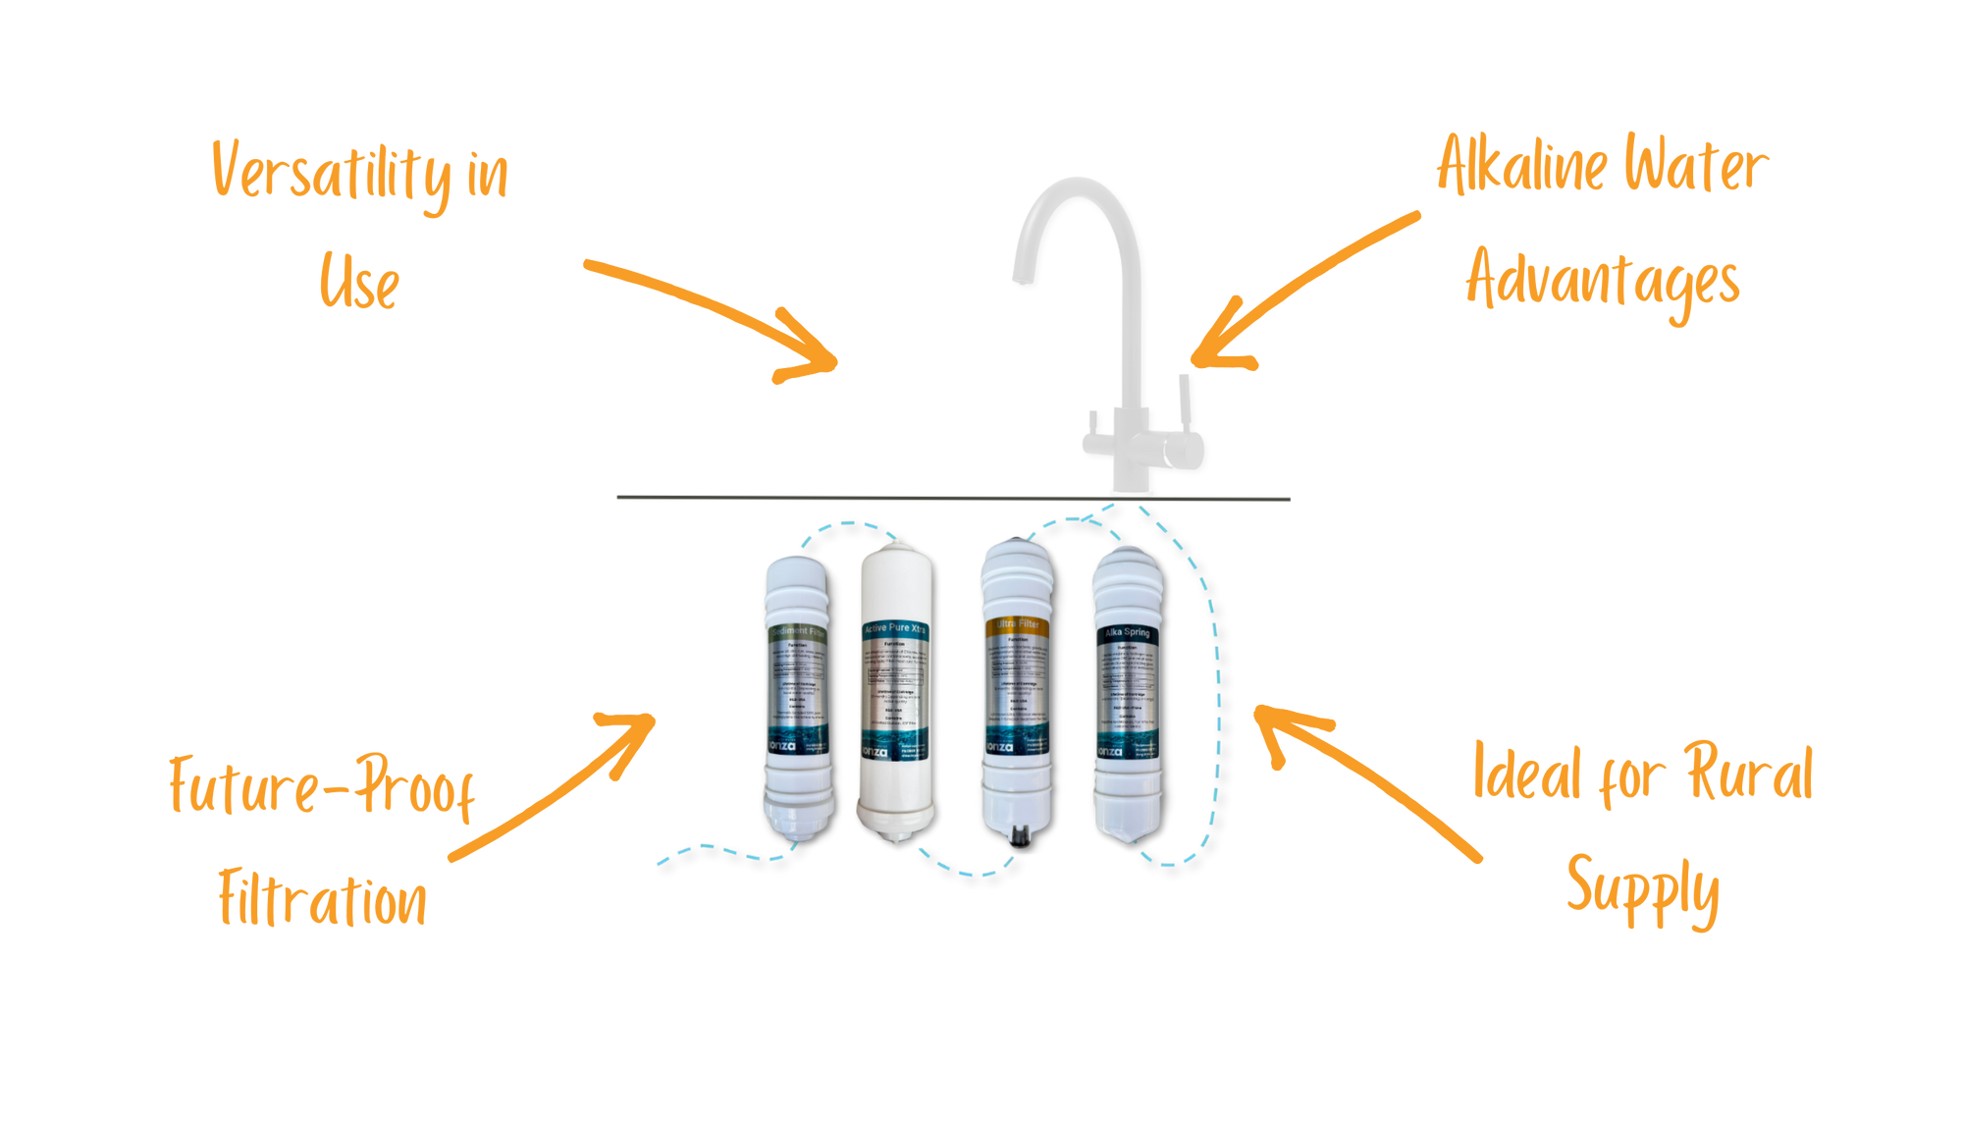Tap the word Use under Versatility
[359, 282]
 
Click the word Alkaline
[1520, 166]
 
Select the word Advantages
[1603, 281]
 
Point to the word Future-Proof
[322, 785]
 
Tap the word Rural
[1749, 774]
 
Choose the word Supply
[1642, 887]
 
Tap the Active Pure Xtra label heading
[894, 628]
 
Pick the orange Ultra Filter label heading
[1017, 624]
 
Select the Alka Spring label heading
[1127, 633]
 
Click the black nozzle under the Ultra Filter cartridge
[1018, 835]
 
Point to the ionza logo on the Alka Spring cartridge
[1109, 751]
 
